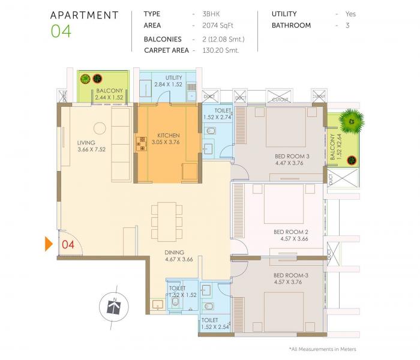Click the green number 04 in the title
coord(61,31)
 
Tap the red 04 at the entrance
coord(68,244)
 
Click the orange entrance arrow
coord(50,244)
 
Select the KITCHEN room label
coord(168,136)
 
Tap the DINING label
coord(175,252)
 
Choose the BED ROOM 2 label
coord(290,232)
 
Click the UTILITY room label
coord(174,78)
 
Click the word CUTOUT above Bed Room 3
coord(280,99)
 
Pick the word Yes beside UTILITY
coord(350,13)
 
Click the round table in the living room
coord(99,127)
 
